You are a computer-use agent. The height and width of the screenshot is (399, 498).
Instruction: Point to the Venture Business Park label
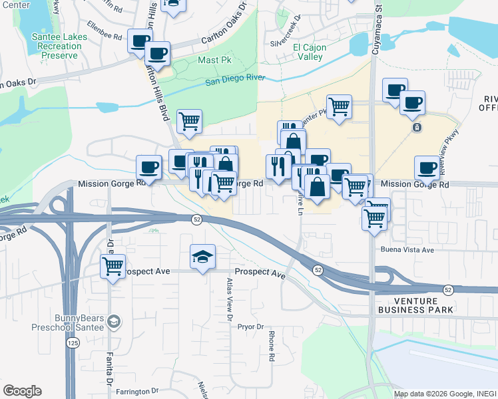pos(415,305)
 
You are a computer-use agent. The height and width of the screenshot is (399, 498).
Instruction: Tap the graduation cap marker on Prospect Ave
pos(203,257)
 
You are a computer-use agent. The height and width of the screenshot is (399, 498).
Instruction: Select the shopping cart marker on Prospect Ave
pos(113,267)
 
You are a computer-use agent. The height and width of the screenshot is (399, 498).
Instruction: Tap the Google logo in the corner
pos(22,391)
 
